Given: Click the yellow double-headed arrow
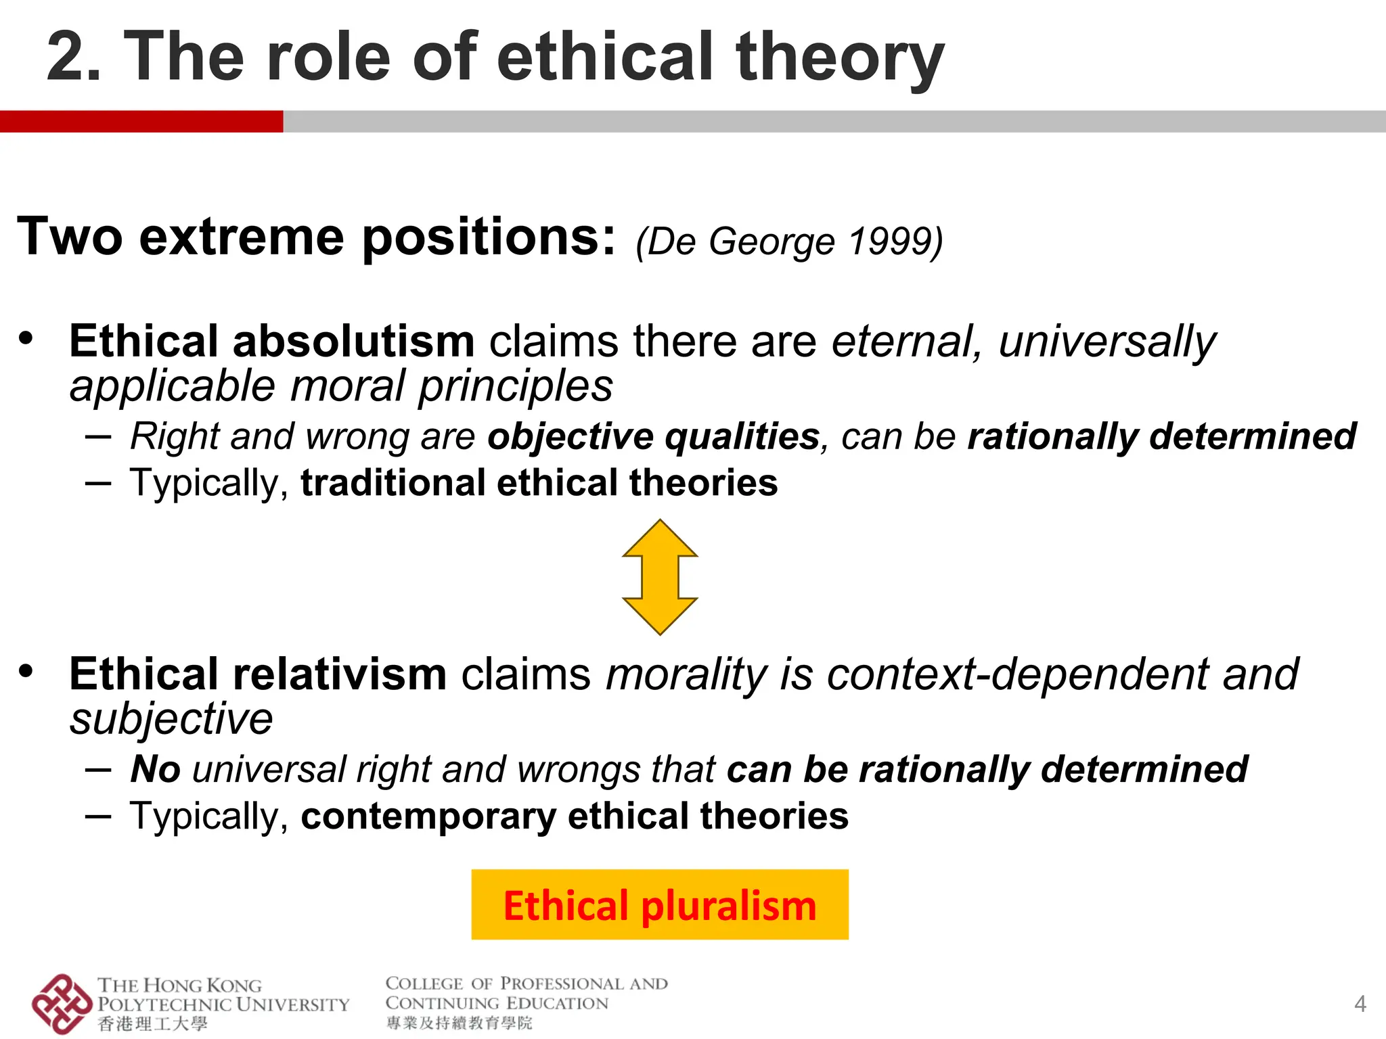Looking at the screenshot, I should pos(660,577).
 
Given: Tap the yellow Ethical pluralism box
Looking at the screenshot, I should pos(660,904).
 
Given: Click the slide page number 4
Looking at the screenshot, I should pos(1360,1004).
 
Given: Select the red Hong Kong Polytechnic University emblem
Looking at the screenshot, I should pos(61,1004).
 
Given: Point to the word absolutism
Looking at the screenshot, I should pos(353,341).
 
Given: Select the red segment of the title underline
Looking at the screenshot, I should pos(141,121).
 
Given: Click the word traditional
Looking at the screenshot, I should pos(393,483).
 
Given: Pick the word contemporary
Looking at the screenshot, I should pos(428,816).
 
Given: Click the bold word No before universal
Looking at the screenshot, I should pos(156,770).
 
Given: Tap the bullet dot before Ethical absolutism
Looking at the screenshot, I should pos(26,338).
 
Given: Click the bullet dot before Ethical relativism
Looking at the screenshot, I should pos(26,671).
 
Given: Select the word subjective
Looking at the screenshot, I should pos(171,718).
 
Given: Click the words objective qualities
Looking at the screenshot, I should pos(654,436).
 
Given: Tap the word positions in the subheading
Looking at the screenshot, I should pos(489,237).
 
